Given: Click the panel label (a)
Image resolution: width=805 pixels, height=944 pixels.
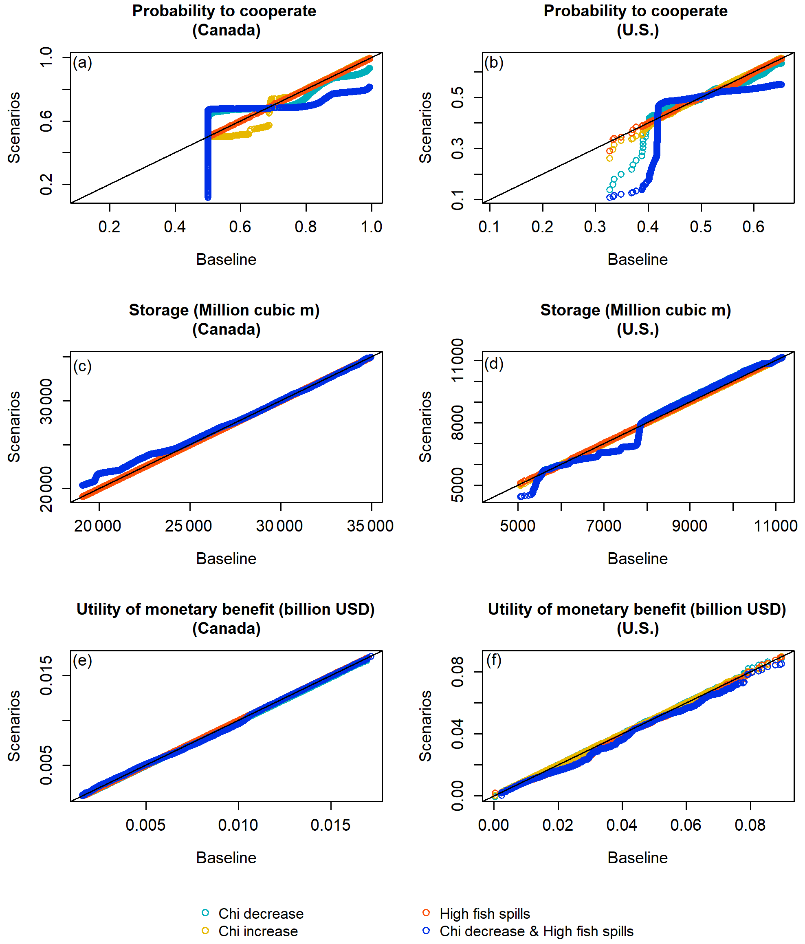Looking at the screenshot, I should click(x=82, y=62).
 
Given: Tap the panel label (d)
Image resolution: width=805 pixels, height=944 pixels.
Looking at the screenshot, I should click(x=494, y=364).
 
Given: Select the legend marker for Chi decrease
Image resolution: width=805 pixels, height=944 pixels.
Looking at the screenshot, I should click(x=205, y=913).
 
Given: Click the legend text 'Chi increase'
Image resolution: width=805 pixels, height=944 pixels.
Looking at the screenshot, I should click(x=258, y=931).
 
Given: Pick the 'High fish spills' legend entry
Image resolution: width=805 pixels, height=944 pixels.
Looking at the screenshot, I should click(x=484, y=913).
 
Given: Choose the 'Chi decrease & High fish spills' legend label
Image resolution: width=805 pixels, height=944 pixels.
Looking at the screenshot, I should click(x=537, y=931).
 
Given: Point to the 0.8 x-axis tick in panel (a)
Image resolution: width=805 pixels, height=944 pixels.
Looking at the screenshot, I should click(x=306, y=227).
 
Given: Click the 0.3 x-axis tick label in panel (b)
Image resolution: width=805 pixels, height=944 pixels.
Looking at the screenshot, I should click(x=595, y=227).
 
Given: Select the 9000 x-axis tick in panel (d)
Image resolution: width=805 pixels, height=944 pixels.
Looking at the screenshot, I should click(x=689, y=526).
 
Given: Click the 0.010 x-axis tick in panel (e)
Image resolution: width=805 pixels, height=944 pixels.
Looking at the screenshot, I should click(x=238, y=825).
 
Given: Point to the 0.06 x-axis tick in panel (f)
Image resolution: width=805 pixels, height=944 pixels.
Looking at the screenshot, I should click(x=686, y=825).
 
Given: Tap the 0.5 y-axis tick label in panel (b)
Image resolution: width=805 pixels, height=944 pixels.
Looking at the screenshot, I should click(x=457, y=97).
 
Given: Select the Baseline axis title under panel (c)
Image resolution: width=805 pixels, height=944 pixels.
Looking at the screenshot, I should click(x=226, y=558).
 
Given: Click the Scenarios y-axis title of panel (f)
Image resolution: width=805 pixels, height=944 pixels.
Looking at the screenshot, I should click(x=425, y=726).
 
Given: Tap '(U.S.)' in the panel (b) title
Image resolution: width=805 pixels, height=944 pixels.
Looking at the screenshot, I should click(x=638, y=31).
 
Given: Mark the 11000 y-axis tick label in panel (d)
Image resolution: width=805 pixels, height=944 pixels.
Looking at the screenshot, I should click(x=457, y=360).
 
